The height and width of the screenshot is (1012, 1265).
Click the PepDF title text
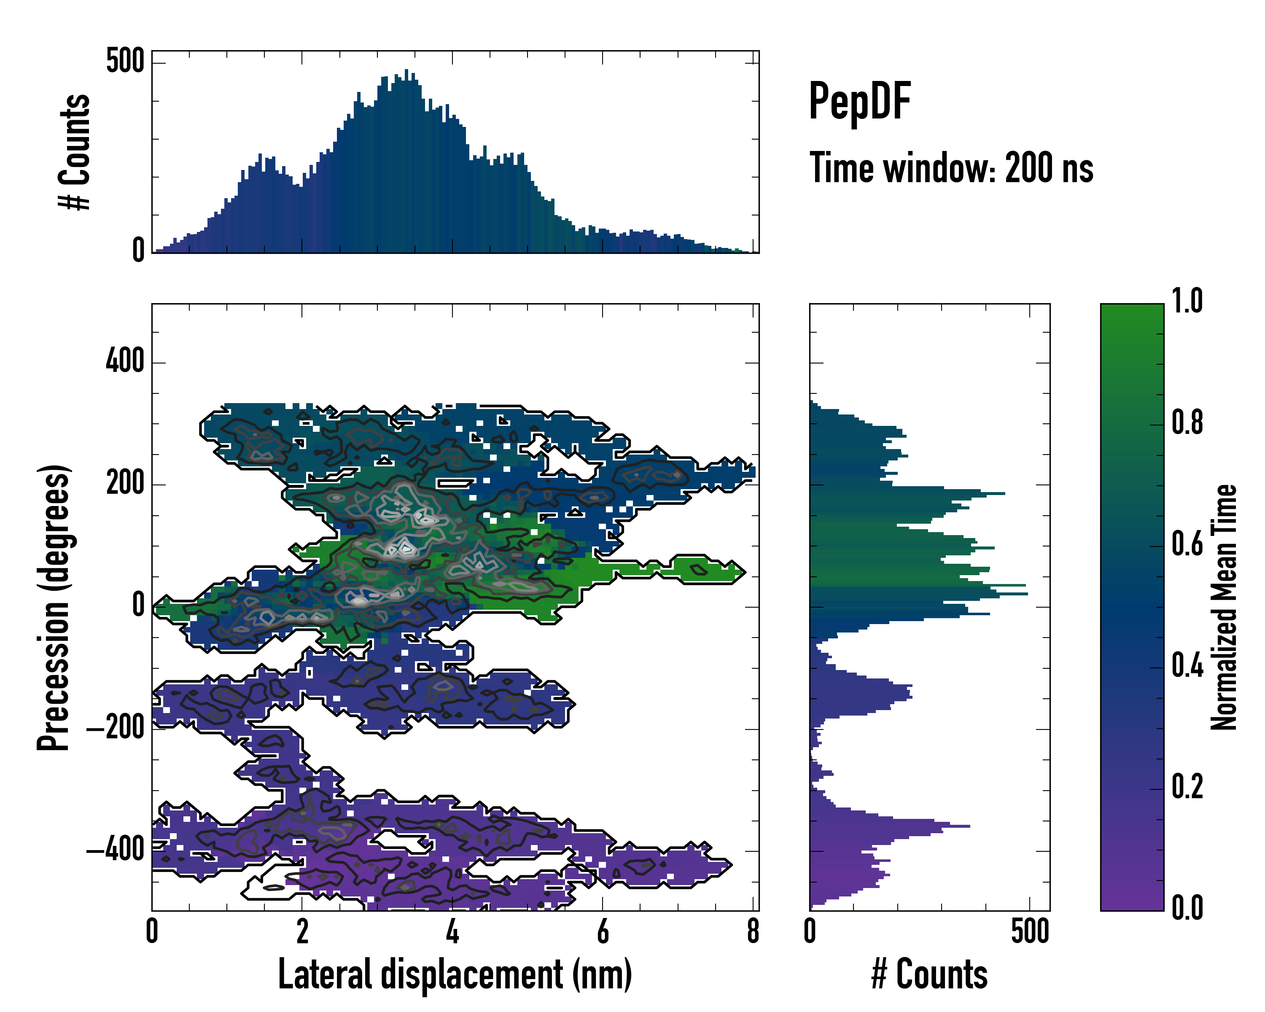coord(859,102)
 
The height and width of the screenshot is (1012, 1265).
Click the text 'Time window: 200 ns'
coord(951,168)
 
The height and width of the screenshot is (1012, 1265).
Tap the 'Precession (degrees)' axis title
coord(54,607)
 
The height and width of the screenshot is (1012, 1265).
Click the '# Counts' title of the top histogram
coord(75,152)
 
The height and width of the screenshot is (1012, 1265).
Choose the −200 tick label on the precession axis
coord(116,728)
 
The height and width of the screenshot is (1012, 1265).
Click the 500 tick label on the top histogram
coord(125,61)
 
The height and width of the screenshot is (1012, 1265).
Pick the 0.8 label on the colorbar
coord(1187,423)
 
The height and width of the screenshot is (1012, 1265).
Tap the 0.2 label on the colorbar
coord(1187,787)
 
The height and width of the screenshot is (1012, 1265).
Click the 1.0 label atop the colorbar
coord(1187,301)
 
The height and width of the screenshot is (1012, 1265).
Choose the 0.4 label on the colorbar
coord(1187,665)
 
